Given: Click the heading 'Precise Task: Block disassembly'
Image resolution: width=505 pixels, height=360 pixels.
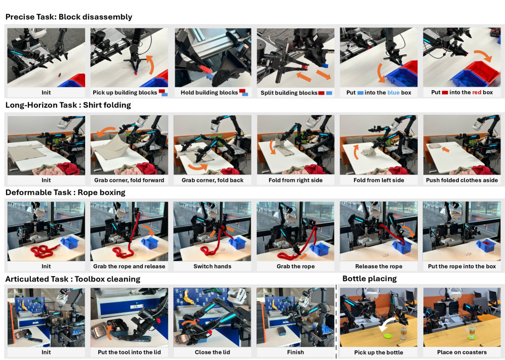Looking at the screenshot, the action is coord(69,17).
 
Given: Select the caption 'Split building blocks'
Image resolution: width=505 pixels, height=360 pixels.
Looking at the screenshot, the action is coord(289,93).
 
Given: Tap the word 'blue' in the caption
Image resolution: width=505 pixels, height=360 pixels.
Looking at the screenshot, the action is coord(393,93).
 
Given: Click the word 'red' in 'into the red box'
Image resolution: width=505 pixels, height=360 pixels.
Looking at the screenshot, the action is coord(477,93).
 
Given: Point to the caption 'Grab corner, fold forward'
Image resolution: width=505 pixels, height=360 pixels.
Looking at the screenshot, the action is coord(129,180).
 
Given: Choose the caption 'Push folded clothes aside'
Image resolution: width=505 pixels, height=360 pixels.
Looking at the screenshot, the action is coord(462,180).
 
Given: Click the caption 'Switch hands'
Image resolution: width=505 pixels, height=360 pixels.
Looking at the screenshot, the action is coord(212,266).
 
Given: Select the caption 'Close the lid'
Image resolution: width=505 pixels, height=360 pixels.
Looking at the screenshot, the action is coord(212,352).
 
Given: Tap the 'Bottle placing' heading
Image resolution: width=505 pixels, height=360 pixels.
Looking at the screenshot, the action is coord(369,279).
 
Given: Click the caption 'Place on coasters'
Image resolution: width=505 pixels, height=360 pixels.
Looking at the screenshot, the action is coord(462,352).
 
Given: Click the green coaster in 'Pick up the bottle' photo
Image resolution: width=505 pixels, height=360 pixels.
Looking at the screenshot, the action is coord(389,336).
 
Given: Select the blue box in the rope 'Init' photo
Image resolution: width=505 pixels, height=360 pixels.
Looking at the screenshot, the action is coord(69,242).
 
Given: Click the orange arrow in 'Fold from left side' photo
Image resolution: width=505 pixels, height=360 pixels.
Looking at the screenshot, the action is coord(356,152).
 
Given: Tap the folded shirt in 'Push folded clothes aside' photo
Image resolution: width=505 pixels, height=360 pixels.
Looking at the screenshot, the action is coord(434,146).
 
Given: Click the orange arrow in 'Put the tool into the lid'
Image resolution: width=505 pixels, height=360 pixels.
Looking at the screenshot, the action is coord(109,333).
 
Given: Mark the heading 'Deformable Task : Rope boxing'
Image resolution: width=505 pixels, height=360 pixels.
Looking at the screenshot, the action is coord(65,192).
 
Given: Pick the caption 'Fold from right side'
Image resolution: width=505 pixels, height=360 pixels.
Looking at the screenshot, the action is coord(295,180).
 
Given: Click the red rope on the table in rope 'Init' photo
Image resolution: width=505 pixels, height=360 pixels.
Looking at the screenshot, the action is coord(44,251).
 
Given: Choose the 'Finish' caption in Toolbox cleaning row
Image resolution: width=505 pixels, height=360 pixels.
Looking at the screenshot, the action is coord(295,352).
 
